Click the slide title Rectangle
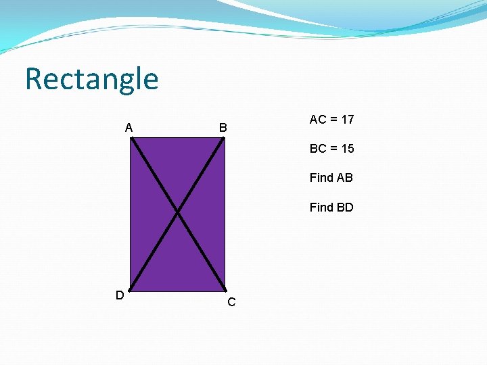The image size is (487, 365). click(91, 79)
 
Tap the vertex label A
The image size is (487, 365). click(129, 127)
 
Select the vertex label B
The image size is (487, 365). click(223, 127)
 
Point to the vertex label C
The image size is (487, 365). click(231, 302)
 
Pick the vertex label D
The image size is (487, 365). click(119, 295)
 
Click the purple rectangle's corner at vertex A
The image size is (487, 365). click(131, 138)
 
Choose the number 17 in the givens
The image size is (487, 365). click(347, 120)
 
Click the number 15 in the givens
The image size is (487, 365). click(347, 149)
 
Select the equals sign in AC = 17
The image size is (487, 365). click(333, 120)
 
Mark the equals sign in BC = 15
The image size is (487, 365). click(333, 149)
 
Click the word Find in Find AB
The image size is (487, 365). click(321, 178)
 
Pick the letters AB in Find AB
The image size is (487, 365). click(344, 178)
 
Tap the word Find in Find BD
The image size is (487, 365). click(321, 207)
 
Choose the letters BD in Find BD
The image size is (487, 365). click(345, 207)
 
